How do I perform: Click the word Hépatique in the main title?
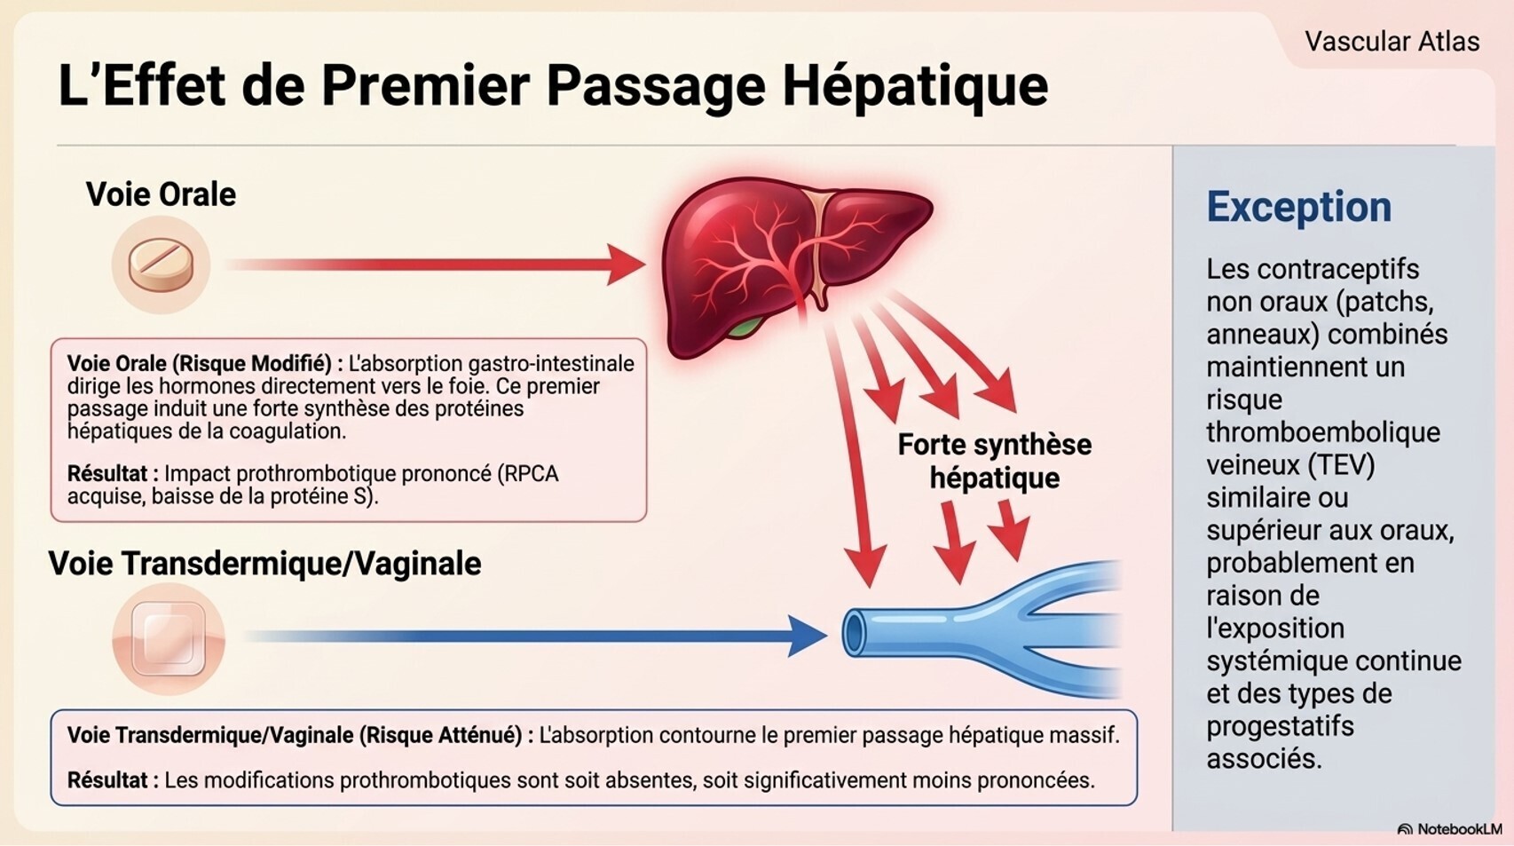pyautogui.click(x=915, y=86)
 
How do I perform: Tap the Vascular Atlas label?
pyautogui.click(x=1392, y=42)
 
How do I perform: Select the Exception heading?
pyautogui.click(x=1298, y=207)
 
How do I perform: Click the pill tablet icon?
pyautogui.click(x=161, y=265)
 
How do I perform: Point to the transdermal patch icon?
pyautogui.click(x=168, y=638)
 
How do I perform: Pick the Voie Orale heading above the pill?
pyautogui.click(x=161, y=194)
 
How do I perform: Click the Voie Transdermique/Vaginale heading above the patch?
pyautogui.click(x=264, y=564)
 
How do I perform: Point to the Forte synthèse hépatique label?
pyautogui.click(x=994, y=461)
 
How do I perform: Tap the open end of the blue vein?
pyautogui.click(x=855, y=633)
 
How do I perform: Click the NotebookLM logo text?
pyautogui.click(x=1459, y=829)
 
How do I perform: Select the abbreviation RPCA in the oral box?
pyautogui.click(x=531, y=474)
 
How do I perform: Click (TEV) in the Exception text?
pyautogui.click(x=1340, y=464)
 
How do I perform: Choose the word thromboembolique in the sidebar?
pyautogui.click(x=1322, y=432)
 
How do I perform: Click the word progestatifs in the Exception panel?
pyautogui.click(x=1280, y=726)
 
